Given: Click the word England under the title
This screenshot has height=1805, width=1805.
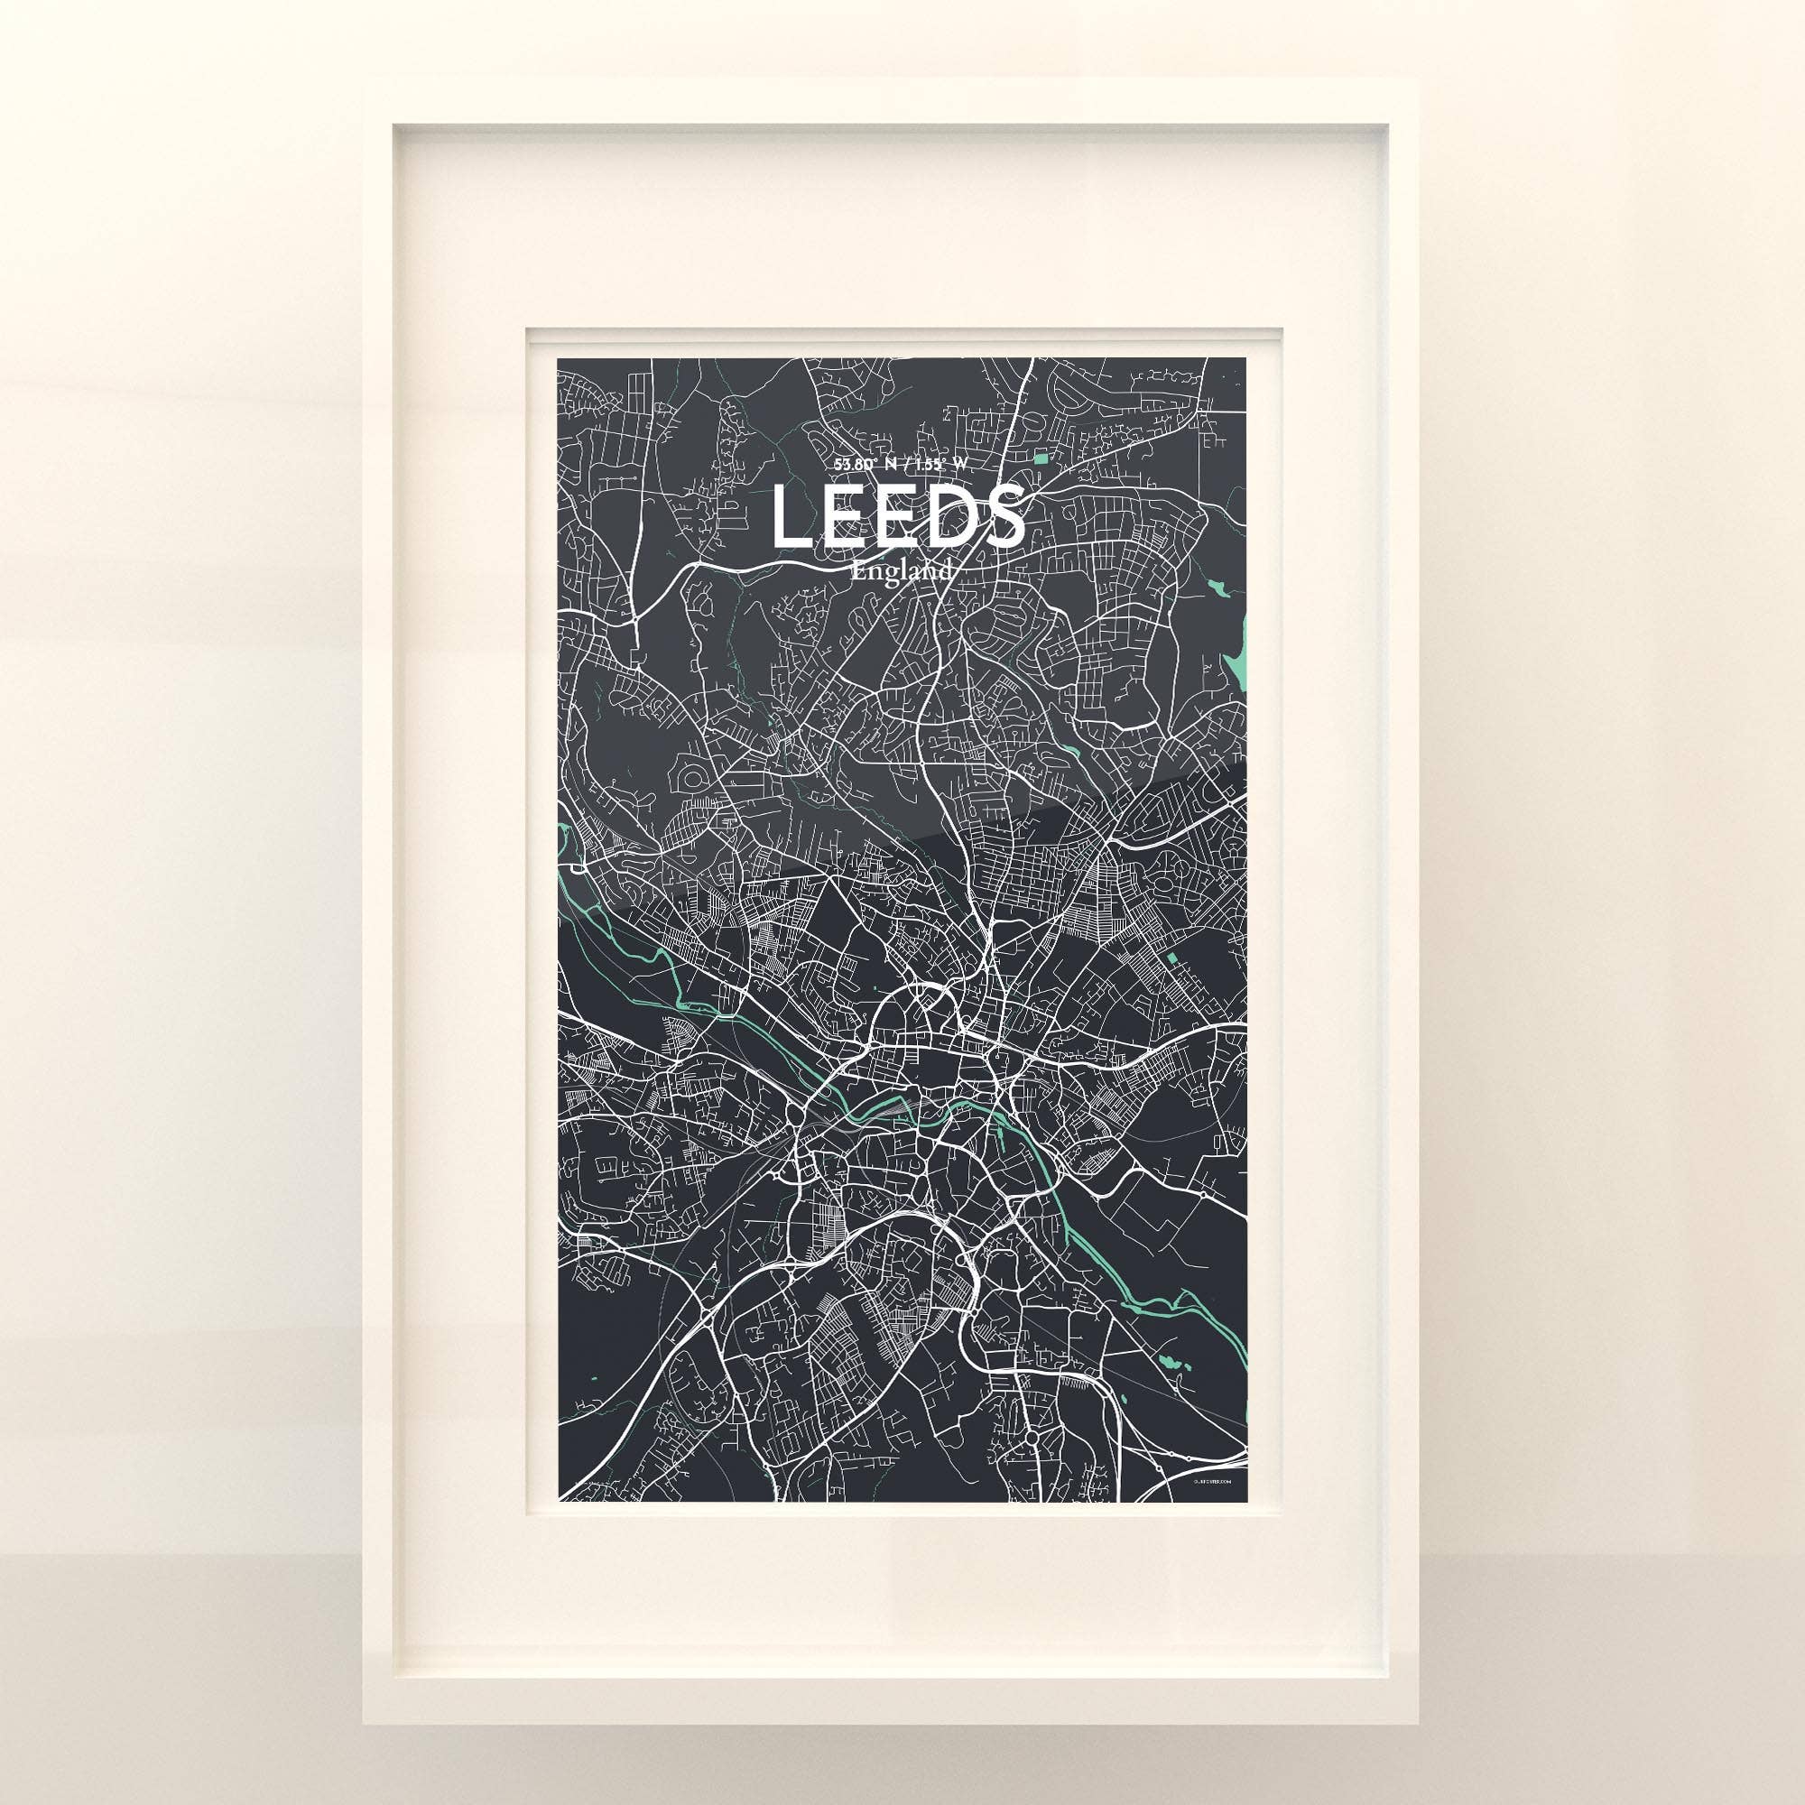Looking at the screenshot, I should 900,572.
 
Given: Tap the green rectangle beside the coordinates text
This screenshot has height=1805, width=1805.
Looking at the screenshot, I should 1041,458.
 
